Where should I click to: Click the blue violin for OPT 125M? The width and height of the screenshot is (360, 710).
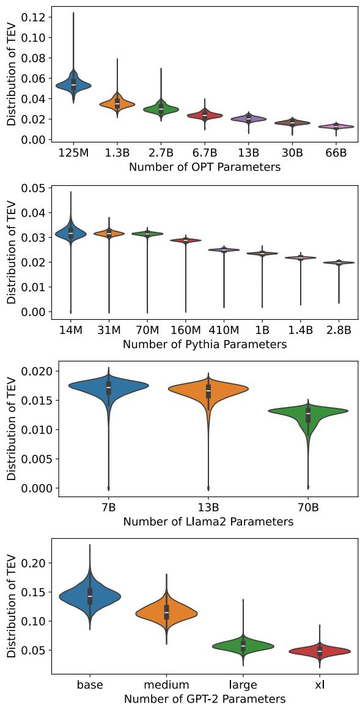pos(73,85)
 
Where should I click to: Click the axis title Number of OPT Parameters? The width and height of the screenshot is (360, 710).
pos(205,167)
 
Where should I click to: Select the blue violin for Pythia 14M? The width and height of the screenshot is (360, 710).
pos(70,234)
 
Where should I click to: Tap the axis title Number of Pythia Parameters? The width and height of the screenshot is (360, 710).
pos(205,344)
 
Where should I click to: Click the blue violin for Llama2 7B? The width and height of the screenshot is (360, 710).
pos(109,385)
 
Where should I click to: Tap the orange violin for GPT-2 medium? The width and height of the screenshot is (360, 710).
pos(166,612)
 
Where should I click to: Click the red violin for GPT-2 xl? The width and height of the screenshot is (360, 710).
pos(320,651)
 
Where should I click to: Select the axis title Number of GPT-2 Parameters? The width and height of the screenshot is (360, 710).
pos(205,699)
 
